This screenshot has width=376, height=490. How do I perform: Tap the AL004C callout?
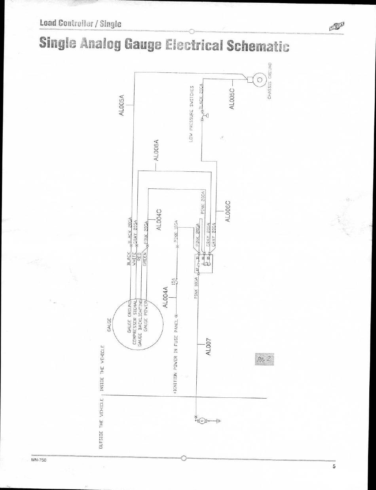pyautogui.click(x=159, y=219)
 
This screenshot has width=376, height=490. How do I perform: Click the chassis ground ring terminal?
pyautogui.click(x=260, y=80)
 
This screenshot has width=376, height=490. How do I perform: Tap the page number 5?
pyautogui.click(x=334, y=467)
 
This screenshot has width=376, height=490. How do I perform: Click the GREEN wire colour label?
pyautogui.click(x=145, y=259)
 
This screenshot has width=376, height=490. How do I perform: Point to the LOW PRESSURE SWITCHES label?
pyautogui.click(x=191, y=113)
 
